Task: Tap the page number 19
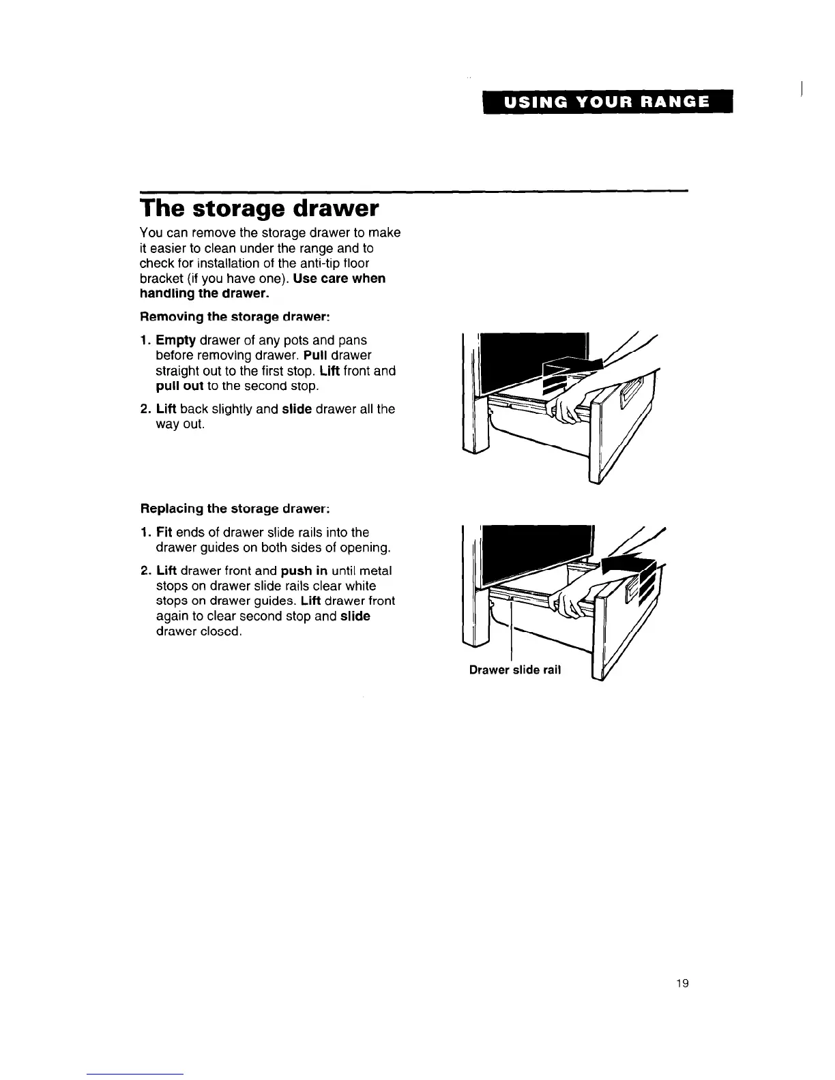(x=682, y=983)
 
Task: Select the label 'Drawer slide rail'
(x=515, y=670)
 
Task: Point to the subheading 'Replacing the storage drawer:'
(x=235, y=509)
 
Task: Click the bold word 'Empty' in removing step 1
(x=176, y=340)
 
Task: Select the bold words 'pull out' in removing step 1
(x=178, y=386)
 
